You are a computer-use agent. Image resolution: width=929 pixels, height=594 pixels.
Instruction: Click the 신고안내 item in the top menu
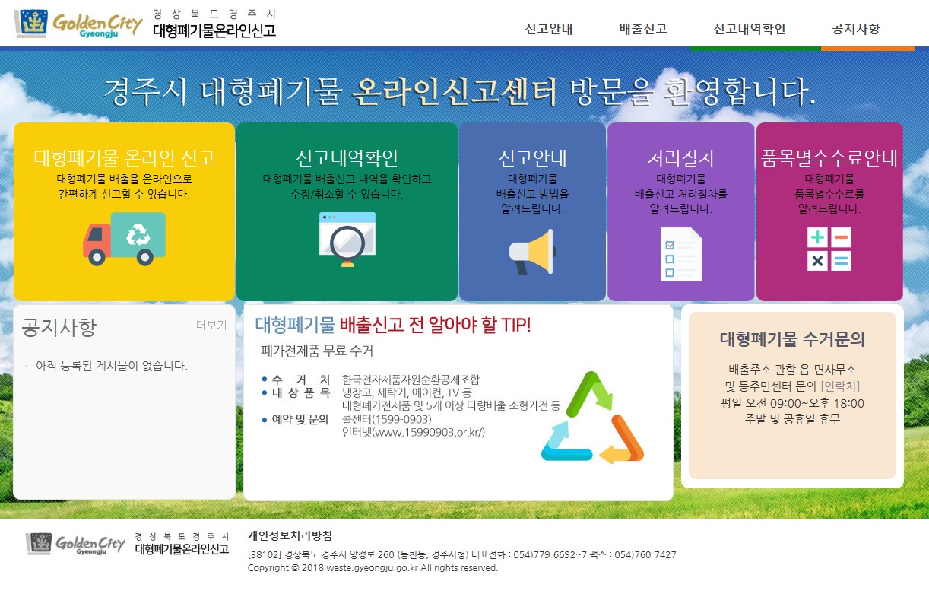(548, 29)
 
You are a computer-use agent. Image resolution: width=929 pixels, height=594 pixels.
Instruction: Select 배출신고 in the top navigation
(643, 29)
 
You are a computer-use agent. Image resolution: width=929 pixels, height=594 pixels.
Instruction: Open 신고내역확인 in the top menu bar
(749, 29)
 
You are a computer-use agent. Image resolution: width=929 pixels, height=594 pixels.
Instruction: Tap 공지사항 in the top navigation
(855, 29)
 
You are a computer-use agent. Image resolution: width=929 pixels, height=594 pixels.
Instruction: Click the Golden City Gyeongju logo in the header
(79, 24)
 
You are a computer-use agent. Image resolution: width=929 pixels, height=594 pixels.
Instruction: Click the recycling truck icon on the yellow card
(125, 239)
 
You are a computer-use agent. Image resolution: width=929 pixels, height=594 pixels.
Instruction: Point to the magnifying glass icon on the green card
(347, 240)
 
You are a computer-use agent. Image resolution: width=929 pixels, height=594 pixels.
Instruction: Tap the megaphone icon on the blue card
(532, 252)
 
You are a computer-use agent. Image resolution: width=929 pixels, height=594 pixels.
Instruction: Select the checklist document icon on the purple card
(681, 254)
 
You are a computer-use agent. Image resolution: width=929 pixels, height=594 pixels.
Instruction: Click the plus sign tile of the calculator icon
(817, 237)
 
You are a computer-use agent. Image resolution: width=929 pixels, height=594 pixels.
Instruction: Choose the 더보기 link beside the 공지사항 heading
(211, 326)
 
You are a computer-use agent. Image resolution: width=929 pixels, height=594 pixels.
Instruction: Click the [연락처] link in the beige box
(840, 386)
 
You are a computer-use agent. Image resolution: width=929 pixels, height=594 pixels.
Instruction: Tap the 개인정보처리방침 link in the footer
(290, 535)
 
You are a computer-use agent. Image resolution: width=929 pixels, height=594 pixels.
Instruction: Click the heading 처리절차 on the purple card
(681, 157)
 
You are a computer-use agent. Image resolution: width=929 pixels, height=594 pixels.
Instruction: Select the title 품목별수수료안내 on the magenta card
(829, 157)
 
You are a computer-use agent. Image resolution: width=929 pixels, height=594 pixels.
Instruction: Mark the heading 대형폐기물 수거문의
(792, 339)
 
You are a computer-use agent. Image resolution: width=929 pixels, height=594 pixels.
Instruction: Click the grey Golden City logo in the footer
(75, 544)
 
